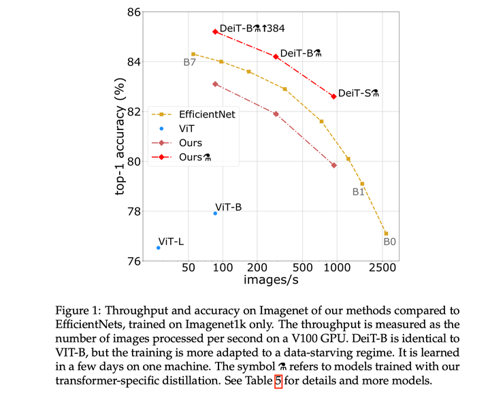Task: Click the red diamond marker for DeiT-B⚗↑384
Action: [215, 32]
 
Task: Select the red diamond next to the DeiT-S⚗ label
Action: [333, 97]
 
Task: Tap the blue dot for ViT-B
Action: [215, 213]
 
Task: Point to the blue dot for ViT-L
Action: [158, 248]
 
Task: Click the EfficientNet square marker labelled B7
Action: [193, 54]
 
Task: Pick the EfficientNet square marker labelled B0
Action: [386, 233]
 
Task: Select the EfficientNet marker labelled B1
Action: [362, 184]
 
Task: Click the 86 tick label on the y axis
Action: [133, 12]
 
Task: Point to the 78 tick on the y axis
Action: [133, 211]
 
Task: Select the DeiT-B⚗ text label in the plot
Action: [300, 53]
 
